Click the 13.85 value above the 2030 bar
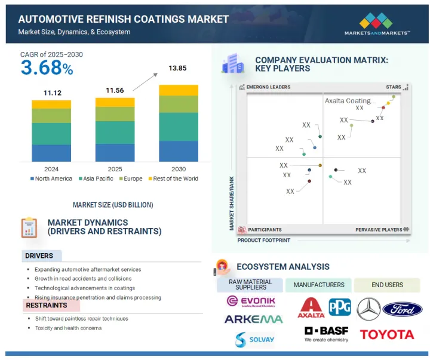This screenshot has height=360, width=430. [178, 69]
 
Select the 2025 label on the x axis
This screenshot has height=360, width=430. [115, 169]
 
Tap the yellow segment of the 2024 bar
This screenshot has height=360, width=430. [51, 104]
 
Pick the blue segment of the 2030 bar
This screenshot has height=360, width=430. [178, 151]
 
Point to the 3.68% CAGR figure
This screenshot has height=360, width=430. [47, 67]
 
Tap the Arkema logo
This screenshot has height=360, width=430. [253, 319]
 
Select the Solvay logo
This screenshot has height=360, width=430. [253, 340]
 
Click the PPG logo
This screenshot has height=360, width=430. [339, 307]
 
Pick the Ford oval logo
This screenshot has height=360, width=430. [403, 309]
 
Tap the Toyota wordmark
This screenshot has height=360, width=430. [386, 334]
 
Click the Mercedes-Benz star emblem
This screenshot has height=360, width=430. [368, 309]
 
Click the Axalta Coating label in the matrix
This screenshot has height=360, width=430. [350, 101]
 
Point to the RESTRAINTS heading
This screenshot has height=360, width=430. [47, 305]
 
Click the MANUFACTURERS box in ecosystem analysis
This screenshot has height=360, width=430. [318, 285]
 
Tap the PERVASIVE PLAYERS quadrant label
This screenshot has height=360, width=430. [379, 229]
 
